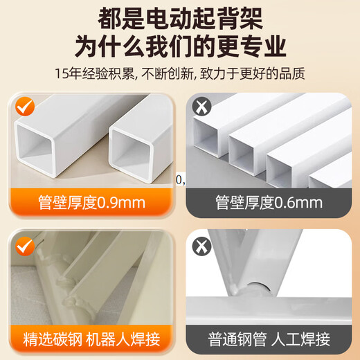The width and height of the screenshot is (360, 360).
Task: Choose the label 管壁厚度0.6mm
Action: (x=269, y=202)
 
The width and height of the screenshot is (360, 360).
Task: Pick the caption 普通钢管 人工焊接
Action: (x=269, y=340)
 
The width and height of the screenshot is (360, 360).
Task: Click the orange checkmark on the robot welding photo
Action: (x=26, y=245)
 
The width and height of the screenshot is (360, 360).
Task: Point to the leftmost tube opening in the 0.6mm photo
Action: (x=209, y=142)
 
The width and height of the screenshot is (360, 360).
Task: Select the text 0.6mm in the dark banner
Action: (x=299, y=202)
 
